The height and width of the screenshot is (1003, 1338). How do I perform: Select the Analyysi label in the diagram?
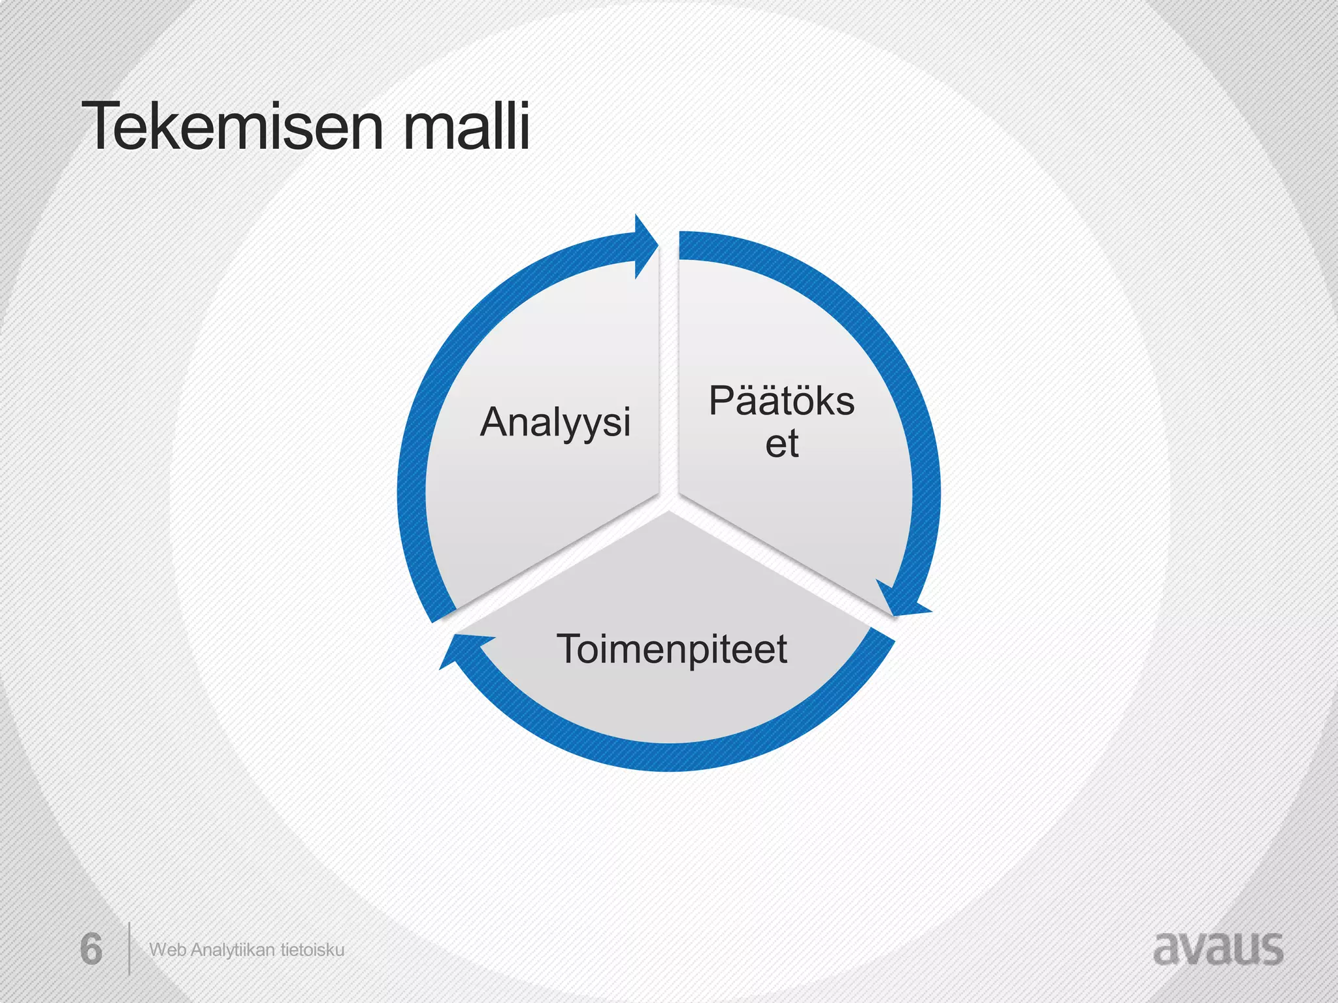[x=555, y=422]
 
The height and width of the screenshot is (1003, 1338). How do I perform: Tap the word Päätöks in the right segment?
[x=781, y=401]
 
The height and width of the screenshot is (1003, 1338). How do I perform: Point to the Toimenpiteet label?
[x=672, y=649]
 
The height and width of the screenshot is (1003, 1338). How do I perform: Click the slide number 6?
[x=91, y=949]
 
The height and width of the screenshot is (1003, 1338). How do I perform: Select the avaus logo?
[x=1218, y=948]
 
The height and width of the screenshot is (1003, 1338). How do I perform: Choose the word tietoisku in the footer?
[x=312, y=950]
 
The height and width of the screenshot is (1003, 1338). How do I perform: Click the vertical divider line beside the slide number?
[x=129, y=948]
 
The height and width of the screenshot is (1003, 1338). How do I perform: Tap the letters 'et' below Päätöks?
[x=781, y=444]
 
